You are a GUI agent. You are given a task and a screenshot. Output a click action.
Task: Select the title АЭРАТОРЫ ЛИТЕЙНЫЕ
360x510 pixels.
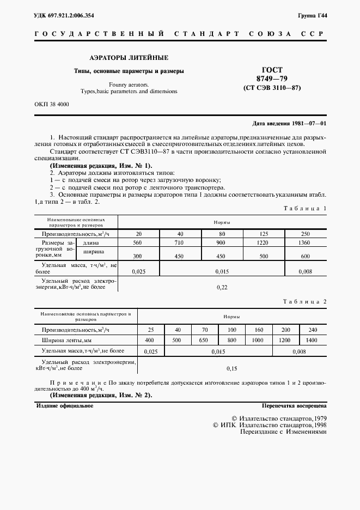click(x=129, y=57)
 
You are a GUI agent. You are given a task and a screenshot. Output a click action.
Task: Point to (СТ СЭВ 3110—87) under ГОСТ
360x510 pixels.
click(x=271, y=88)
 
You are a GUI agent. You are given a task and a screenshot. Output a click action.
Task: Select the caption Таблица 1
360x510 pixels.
click(x=306, y=209)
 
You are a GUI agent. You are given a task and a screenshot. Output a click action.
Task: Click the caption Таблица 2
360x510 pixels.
click(x=306, y=301)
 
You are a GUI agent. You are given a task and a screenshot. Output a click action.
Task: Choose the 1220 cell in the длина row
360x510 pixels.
click(x=264, y=242)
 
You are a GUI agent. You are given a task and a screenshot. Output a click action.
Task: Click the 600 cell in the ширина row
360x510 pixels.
click(x=306, y=256)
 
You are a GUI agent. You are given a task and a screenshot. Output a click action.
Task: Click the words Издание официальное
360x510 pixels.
click(x=64, y=406)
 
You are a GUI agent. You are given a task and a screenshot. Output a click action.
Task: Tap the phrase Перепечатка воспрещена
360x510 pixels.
click(x=294, y=406)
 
